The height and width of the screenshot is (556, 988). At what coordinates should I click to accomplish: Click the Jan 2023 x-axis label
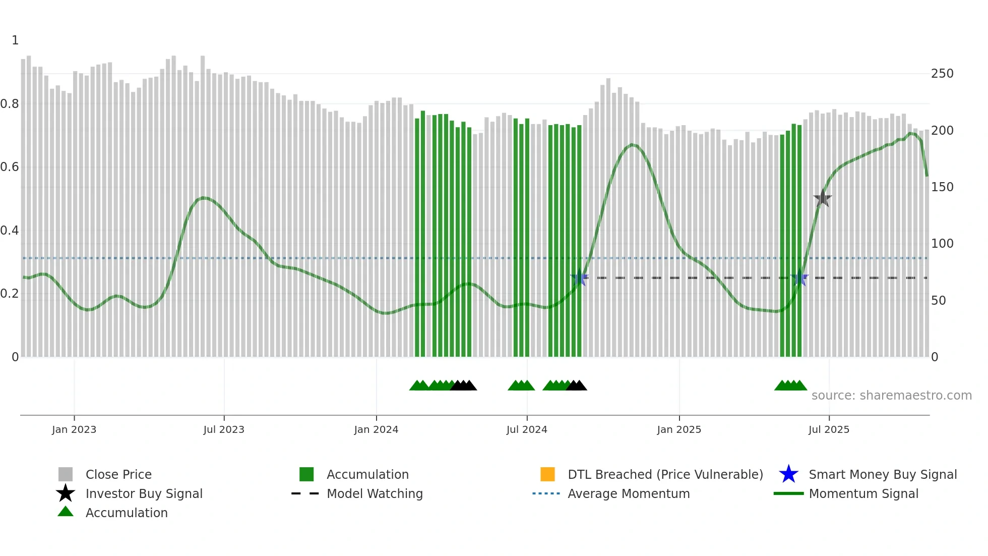tap(74, 429)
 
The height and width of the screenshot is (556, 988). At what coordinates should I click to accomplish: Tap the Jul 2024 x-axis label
tap(527, 429)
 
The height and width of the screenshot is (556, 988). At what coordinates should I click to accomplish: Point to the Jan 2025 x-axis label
tap(679, 429)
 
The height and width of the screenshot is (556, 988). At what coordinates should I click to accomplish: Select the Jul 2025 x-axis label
tap(829, 429)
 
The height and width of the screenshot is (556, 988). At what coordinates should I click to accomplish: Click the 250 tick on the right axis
tap(942, 74)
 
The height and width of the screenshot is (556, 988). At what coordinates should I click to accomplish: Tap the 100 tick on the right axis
tap(942, 244)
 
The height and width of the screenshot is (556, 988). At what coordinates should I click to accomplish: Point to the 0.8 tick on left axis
tap(10, 104)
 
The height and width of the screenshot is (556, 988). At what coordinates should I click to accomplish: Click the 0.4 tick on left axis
tap(10, 231)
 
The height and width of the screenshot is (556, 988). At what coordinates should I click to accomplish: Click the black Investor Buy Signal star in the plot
tap(823, 198)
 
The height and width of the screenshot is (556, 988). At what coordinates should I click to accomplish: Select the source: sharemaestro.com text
tap(891, 396)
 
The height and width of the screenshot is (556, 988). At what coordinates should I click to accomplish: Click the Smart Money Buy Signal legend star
tap(788, 474)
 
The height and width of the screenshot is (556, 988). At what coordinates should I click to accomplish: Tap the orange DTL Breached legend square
tap(547, 474)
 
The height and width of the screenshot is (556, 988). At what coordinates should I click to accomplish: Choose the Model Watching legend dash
tap(305, 493)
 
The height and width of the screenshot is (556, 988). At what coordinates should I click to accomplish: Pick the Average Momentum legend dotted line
tap(546, 493)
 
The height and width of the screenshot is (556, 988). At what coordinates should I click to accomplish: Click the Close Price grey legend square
tap(66, 474)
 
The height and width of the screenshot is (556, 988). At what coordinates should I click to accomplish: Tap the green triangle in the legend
tap(66, 512)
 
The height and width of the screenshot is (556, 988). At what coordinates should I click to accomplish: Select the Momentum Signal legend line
tap(788, 493)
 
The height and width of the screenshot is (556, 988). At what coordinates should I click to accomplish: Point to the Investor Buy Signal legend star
tap(66, 493)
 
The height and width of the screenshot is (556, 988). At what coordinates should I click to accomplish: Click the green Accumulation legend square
tap(306, 474)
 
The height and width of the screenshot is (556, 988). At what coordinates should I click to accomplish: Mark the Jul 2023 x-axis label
tap(224, 429)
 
